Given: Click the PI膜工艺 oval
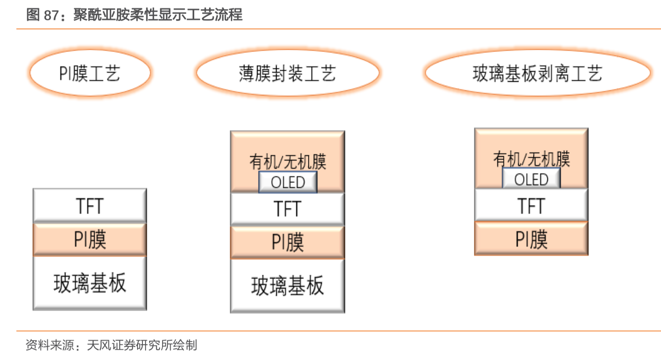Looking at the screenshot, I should coord(90,73).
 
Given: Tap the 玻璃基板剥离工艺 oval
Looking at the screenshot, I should coord(537,73).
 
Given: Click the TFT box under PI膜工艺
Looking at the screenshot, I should coord(90,205).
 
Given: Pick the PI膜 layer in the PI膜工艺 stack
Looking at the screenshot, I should coord(90,240).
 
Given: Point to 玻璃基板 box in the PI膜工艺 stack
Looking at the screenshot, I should coord(90,283).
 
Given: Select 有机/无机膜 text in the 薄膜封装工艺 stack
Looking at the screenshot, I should coord(288,161).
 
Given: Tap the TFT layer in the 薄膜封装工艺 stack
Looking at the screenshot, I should coord(288,209).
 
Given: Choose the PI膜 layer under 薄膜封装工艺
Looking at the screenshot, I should coord(288,243).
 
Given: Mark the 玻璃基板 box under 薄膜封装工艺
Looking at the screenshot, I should coord(288,286).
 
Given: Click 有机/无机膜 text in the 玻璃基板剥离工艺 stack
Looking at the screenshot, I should coord(531,159).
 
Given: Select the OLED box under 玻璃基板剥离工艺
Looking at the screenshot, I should coord(531,180).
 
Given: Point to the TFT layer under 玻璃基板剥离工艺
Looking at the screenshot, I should coord(531,206).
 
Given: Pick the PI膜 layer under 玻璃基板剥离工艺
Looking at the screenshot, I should coord(531,239).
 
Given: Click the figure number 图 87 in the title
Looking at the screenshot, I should coord(42,15).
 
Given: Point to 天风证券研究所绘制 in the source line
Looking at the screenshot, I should coord(142,345).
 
